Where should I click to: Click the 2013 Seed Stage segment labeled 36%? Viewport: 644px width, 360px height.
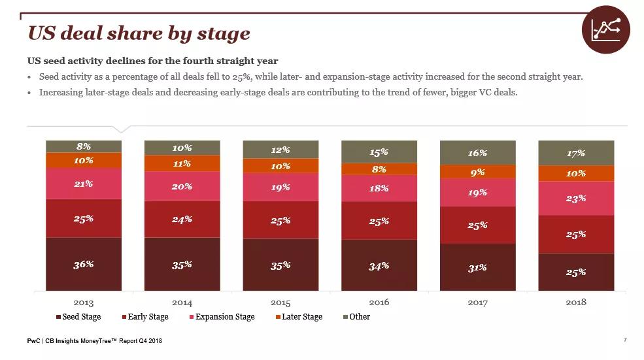(83, 264)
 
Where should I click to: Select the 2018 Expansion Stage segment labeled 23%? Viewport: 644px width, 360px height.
(576, 199)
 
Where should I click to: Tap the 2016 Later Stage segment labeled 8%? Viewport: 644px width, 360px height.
(379, 169)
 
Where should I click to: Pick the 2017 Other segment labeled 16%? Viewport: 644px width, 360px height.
(477, 153)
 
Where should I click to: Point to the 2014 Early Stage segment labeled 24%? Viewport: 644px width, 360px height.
(182, 219)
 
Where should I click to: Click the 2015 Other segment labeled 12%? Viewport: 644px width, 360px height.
(280, 150)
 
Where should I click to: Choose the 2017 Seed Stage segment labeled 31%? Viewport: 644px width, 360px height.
(477, 267)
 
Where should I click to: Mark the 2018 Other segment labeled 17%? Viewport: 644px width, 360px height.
(576, 153)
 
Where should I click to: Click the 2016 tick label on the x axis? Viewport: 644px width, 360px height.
(379, 303)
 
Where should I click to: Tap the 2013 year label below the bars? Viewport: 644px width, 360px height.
(83, 303)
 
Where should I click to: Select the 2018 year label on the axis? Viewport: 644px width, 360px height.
(576, 303)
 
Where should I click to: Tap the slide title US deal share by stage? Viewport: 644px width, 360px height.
(139, 33)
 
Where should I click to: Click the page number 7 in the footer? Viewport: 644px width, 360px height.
(626, 340)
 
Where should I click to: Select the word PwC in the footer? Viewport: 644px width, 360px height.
(33, 340)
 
